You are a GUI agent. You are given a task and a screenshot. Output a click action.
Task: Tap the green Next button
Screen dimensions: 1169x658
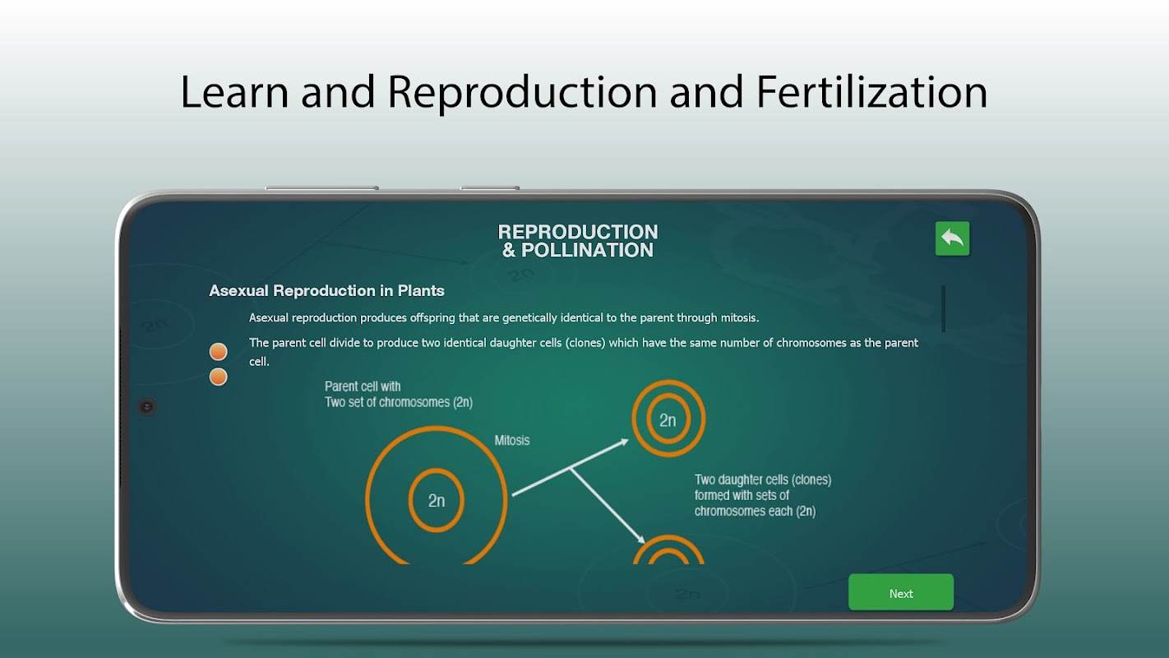901,592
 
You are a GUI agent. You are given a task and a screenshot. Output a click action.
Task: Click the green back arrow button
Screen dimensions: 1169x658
953,239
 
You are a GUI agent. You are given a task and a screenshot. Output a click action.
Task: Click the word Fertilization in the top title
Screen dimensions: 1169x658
871,92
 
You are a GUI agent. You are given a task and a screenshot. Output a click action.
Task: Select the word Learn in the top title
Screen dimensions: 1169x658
234,92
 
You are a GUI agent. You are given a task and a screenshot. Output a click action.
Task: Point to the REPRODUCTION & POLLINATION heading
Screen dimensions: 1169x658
578,241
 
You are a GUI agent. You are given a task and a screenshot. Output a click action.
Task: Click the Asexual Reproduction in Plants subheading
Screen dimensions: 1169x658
326,291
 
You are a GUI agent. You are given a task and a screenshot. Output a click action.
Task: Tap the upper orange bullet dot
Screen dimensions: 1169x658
218,352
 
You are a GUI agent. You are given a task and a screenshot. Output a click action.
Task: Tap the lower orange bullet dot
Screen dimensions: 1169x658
218,377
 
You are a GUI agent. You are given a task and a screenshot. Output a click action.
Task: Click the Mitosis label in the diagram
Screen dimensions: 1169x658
512,440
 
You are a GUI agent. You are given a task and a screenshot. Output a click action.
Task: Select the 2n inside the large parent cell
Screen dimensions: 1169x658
437,501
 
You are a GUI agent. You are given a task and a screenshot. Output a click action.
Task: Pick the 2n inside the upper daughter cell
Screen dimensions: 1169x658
668,420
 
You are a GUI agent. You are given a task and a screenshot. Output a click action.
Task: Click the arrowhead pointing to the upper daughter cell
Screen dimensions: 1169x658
624,443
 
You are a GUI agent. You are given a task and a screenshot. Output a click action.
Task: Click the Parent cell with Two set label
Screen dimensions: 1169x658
399,394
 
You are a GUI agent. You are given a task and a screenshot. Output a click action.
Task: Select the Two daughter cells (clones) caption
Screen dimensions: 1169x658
762,495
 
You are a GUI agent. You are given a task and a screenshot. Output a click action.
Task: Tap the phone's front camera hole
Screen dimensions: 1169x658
147,406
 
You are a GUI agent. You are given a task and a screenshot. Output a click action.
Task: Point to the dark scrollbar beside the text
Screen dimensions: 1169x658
944,308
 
